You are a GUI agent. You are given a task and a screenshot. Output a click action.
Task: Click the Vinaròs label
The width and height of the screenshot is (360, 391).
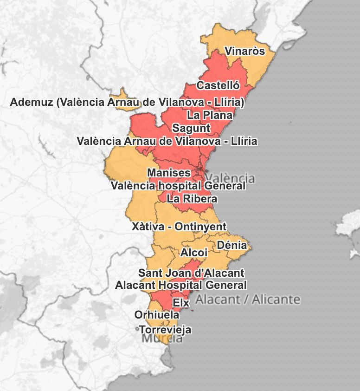[244, 51]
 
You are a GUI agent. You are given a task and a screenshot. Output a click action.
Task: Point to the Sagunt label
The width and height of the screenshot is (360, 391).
[191, 128]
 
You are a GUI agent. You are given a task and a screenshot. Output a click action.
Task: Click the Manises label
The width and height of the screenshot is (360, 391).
[169, 173]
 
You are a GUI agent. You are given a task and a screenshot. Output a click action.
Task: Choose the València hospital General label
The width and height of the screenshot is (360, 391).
[178, 186]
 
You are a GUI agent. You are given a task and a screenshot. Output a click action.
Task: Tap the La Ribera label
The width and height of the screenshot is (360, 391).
[192, 199]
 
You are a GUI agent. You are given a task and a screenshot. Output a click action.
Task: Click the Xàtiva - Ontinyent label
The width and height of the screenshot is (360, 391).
[179, 227]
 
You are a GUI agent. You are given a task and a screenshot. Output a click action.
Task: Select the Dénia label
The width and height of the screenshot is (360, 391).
[232, 245]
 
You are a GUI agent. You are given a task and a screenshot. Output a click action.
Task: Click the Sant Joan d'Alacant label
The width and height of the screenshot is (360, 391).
[191, 273]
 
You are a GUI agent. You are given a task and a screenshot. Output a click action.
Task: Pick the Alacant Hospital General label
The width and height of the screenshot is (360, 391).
[181, 285]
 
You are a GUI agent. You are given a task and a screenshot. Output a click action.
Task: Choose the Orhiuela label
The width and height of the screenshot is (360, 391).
[157, 315]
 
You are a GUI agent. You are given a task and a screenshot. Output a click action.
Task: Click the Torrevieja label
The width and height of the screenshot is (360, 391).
[165, 330]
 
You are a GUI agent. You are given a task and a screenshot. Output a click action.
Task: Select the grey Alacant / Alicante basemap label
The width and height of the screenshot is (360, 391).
[248, 299]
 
